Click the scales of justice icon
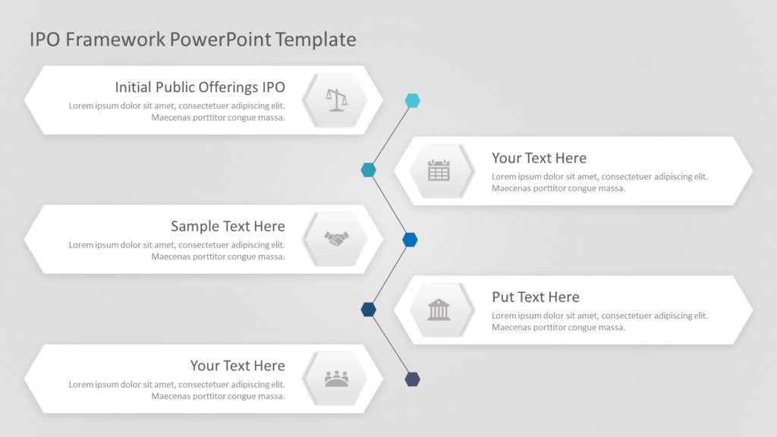tap(335, 99)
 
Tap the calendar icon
tap(439, 171)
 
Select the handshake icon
tap(336, 239)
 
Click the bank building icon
tap(439, 310)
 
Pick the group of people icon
tap(336, 378)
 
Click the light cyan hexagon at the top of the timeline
tap(412, 100)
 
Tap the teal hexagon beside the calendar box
tap(368, 170)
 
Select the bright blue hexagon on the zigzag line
tap(410, 240)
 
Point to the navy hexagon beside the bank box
tap(368, 309)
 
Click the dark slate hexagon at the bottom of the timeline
tap(412, 379)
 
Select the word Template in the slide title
tap(316, 39)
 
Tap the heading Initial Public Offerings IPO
tap(200, 87)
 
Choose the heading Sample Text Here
tap(228, 226)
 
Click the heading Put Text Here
tap(535, 297)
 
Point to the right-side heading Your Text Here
tap(539, 158)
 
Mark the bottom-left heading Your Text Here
tap(238, 366)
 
